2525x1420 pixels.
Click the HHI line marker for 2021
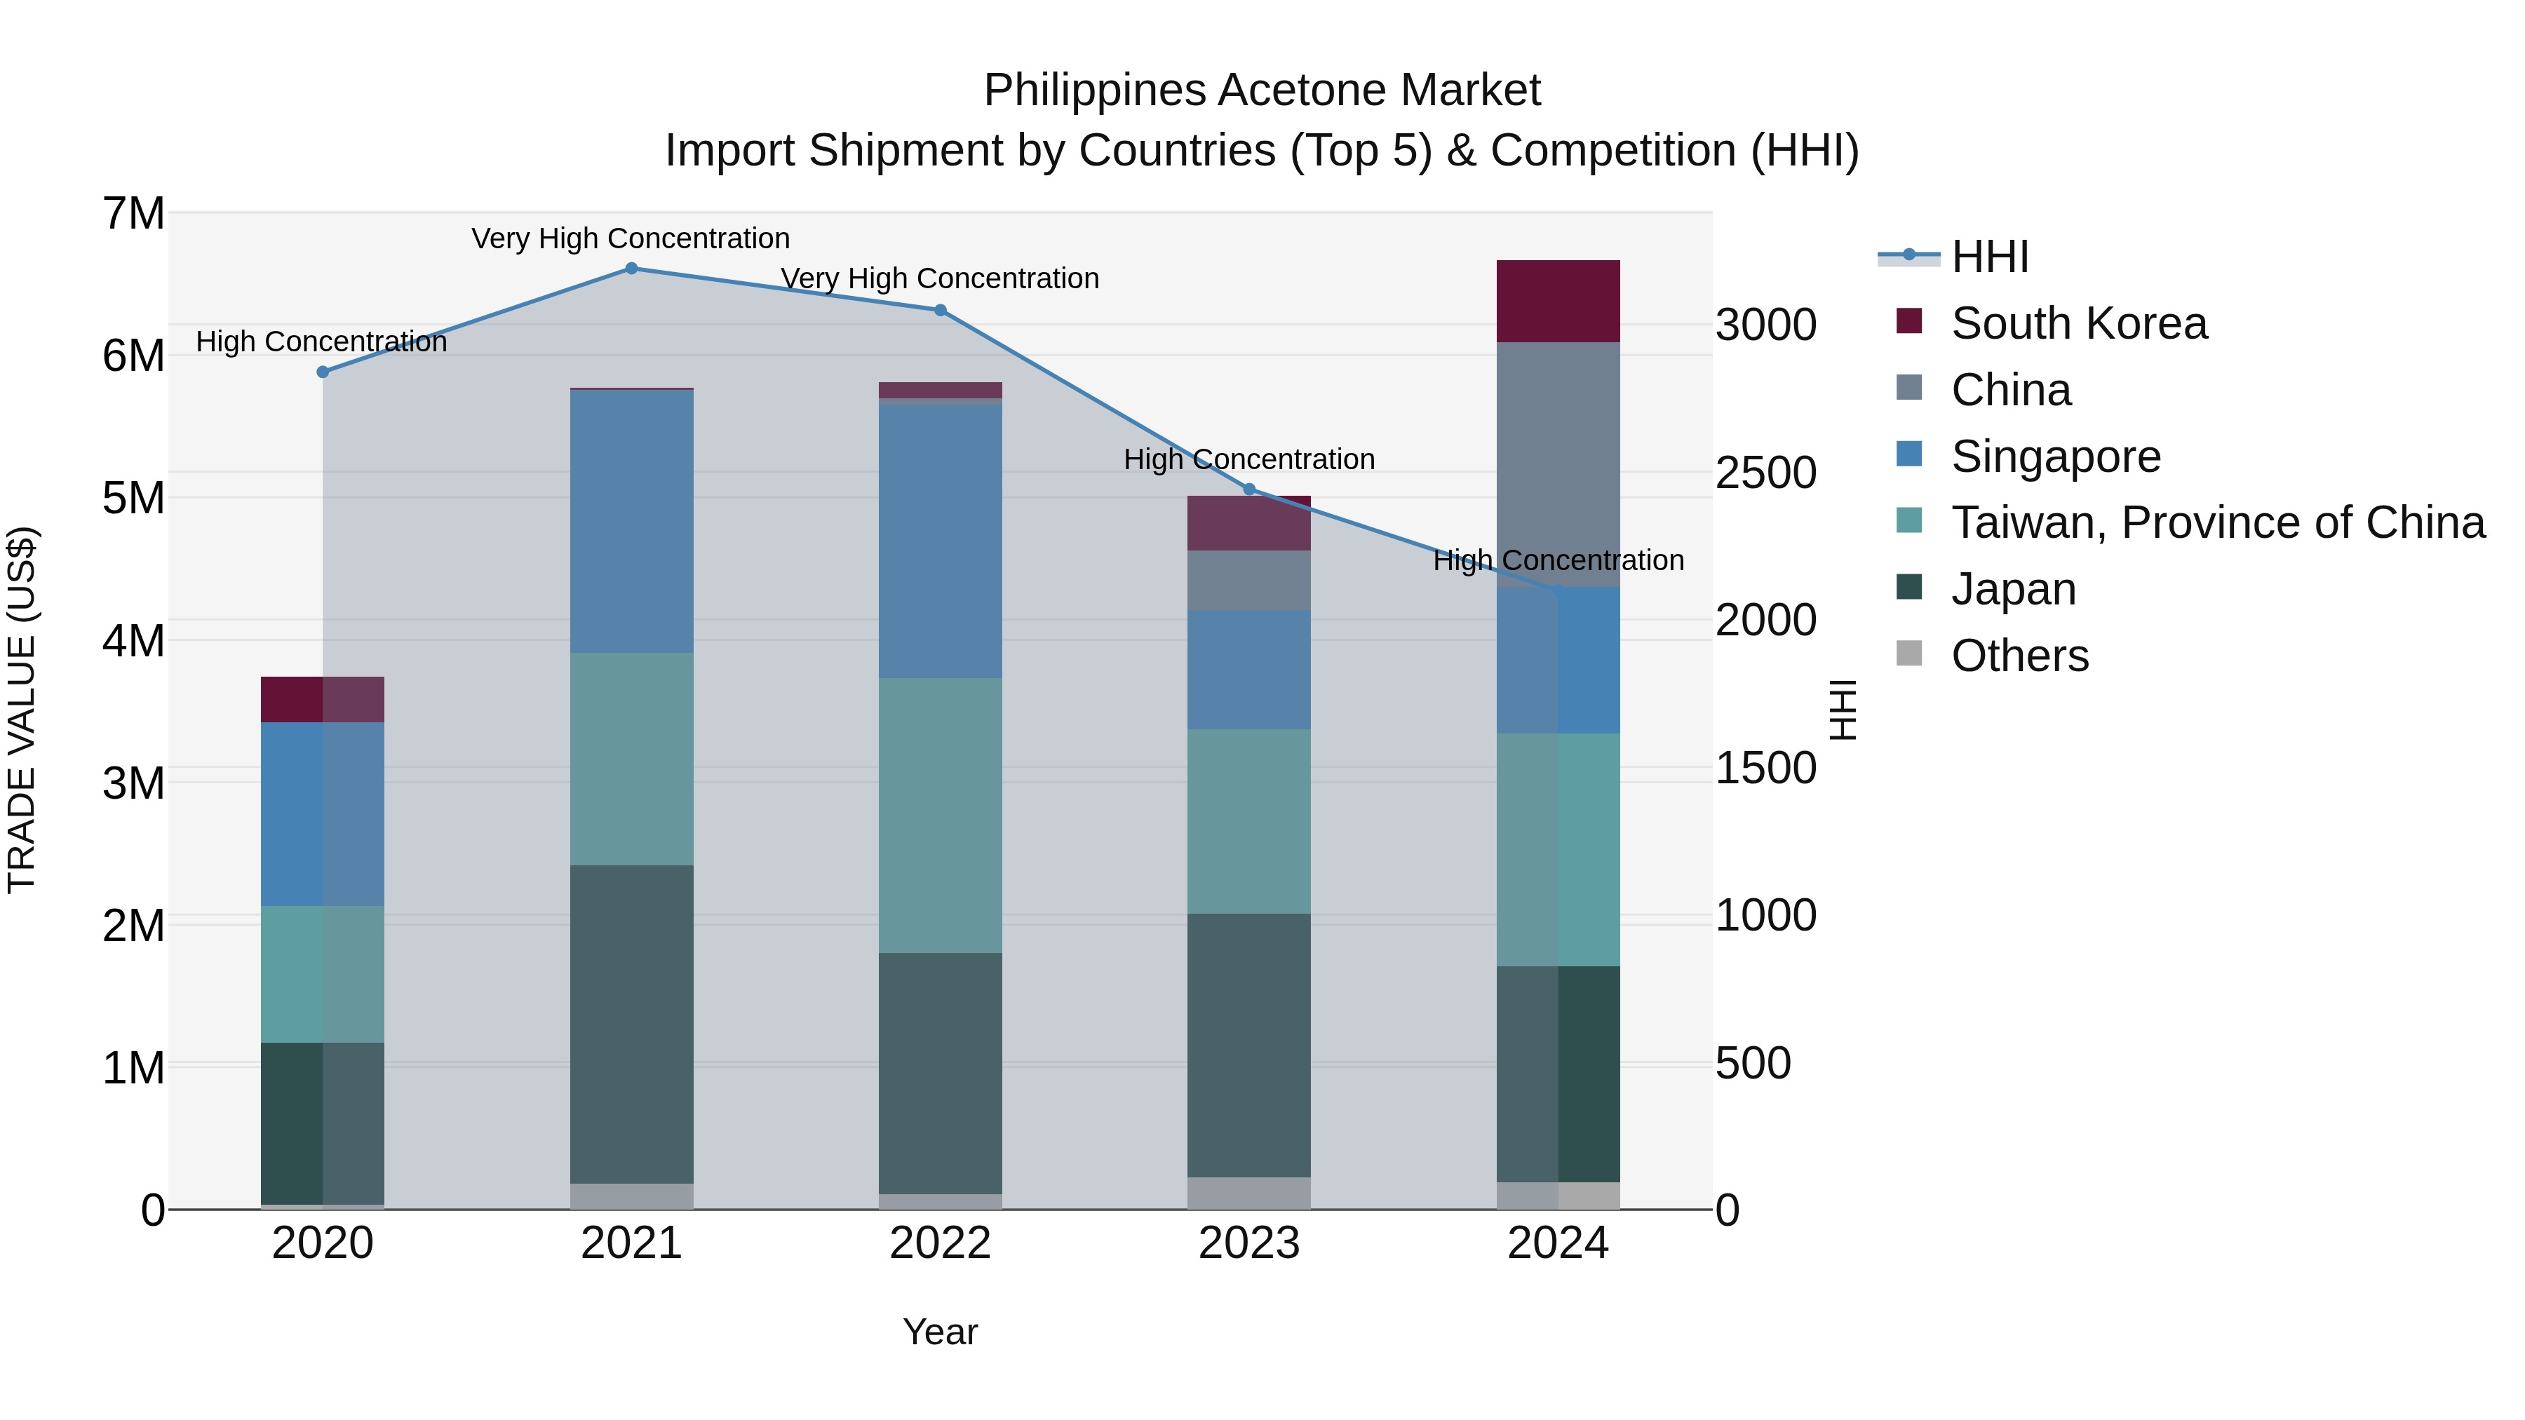tap(631, 269)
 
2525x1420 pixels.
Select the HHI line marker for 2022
tap(940, 311)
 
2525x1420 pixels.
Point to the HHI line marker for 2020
tap(323, 372)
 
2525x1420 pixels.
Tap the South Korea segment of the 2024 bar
tap(1558, 301)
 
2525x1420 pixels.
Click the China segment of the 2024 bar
tap(1558, 464)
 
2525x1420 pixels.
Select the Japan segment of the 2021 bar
tap(631, 1024)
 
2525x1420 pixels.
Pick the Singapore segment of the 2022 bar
tap(940, 541)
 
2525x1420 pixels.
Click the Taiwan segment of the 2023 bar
tap(1248, 821)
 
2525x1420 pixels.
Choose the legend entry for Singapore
tap(2056, 457)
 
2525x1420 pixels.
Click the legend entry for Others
tap(2019, 656)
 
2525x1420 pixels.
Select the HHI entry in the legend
tap(1989, 257)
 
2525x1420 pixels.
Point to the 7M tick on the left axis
tap(133, 214)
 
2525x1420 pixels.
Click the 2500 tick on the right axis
tap(1765, 473)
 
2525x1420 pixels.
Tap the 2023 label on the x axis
tap(1248, 1243)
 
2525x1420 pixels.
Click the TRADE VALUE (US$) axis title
tap(22, 710)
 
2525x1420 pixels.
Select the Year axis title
tap(940, 1332)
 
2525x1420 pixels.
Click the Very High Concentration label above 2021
tap(631, 238)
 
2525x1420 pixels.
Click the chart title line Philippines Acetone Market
tap(1262, 90)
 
